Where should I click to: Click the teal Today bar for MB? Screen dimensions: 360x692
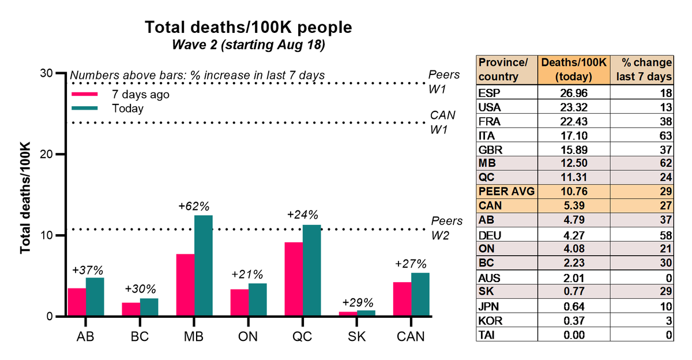point(203,266)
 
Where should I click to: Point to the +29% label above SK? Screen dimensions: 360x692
point(357,302)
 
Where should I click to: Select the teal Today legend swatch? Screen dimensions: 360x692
point(83,108)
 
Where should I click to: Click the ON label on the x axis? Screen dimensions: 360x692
point(248,336)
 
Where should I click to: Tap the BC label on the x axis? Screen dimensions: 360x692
point(140,336)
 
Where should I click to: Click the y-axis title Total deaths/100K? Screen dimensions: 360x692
point(26,197)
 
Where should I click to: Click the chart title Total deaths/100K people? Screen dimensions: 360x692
point(248,27)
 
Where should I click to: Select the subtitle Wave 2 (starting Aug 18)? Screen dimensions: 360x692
point(248,45)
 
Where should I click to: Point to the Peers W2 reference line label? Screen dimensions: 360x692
point(446,228)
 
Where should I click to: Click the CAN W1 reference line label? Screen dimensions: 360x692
point(443,122)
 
